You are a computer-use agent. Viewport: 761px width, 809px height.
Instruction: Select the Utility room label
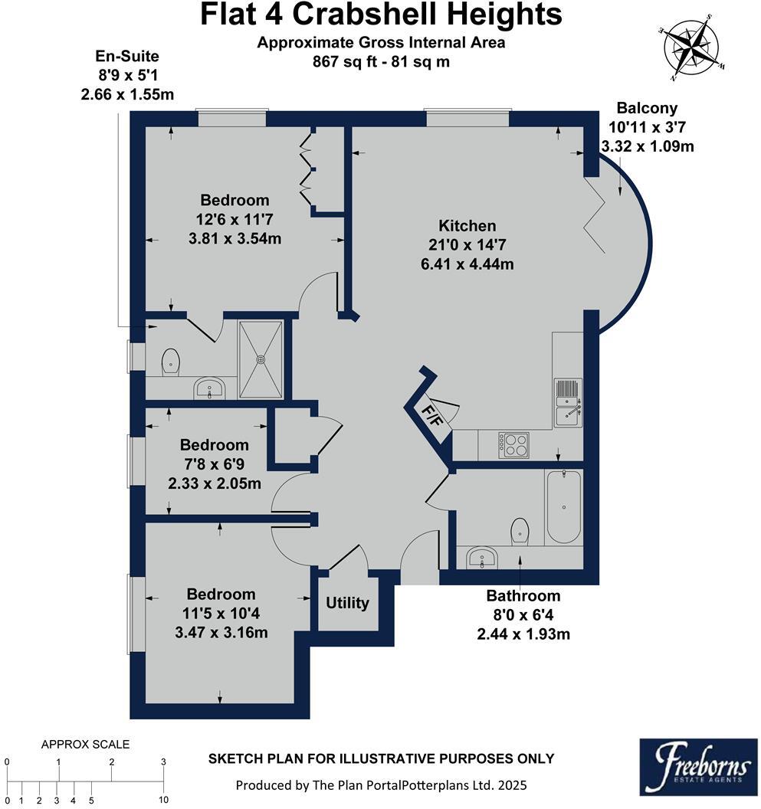coord(348,603)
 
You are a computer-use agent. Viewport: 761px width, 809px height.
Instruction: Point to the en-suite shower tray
coord(263,359)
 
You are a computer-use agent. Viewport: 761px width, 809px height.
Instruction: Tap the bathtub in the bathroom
coord(563,506)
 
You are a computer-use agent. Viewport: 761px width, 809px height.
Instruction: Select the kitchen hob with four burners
coord(513,444)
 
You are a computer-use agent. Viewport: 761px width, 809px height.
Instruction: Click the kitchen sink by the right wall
coord(567,403)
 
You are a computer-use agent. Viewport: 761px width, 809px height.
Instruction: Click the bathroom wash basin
coord(482,557)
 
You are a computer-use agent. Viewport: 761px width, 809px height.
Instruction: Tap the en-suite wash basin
coord(208,388)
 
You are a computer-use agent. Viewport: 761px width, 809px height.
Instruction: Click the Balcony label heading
coord(647,108)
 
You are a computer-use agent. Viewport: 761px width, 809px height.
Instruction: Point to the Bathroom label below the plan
coord(523,595)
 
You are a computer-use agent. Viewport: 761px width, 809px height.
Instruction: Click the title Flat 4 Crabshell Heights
coord(381,15)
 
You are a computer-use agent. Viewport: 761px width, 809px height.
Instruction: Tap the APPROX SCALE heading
coord(85,744)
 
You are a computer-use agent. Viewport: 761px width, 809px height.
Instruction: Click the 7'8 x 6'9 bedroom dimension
coord(214,464)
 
